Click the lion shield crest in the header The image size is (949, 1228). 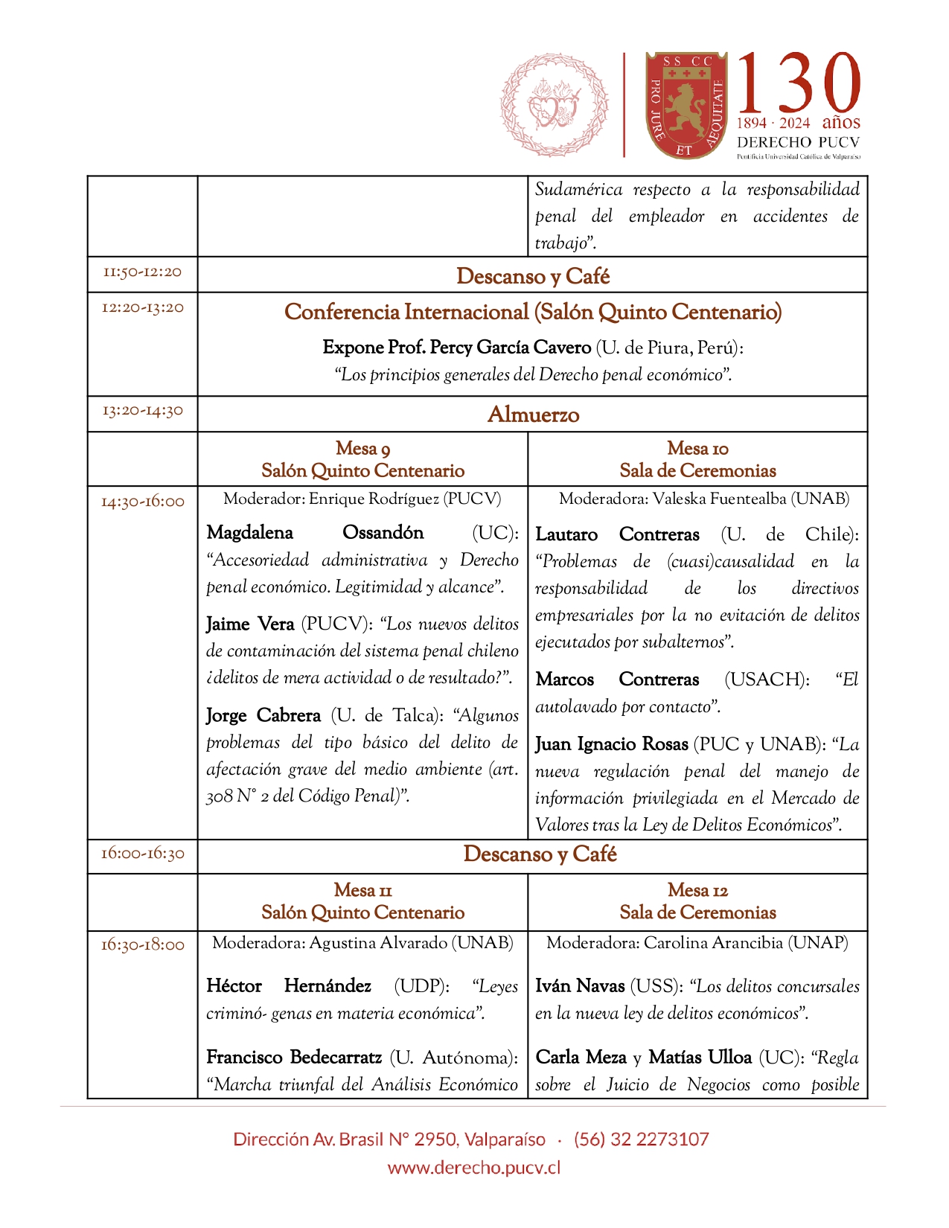pos(685,105)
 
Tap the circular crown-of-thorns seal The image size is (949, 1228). pos(554,105)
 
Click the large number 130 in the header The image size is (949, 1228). pos(799,83)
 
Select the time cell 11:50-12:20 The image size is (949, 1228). pos(142,272)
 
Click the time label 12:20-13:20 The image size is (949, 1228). pos(142,308)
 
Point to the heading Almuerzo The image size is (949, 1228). pos(533,415)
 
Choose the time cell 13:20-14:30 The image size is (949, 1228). pos(142,411)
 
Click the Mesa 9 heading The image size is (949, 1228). pos(362,449)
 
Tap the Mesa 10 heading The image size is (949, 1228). pos(697,449)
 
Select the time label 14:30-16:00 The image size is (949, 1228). pos(142,502)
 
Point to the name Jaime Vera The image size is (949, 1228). pos(250,624)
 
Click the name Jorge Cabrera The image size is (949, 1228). pos(263,715)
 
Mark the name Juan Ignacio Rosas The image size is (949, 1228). pos(611,744)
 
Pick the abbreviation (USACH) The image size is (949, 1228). pos(767,679)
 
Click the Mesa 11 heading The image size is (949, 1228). pos(362,891)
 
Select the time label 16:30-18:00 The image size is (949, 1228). pos(142,945)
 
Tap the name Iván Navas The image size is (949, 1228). pos(580,986)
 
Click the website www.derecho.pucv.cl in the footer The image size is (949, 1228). pos(474,1168)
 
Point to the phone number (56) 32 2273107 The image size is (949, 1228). pos(641,1139)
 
